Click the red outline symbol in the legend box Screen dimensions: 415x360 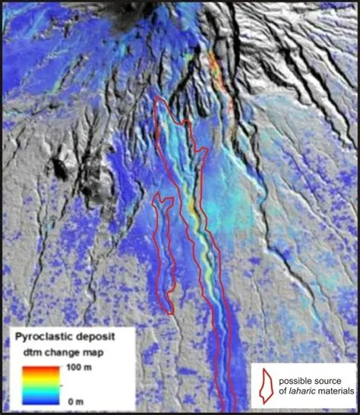click(x=266, y=385)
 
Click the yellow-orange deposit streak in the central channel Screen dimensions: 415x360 click(x=199, y=235)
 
